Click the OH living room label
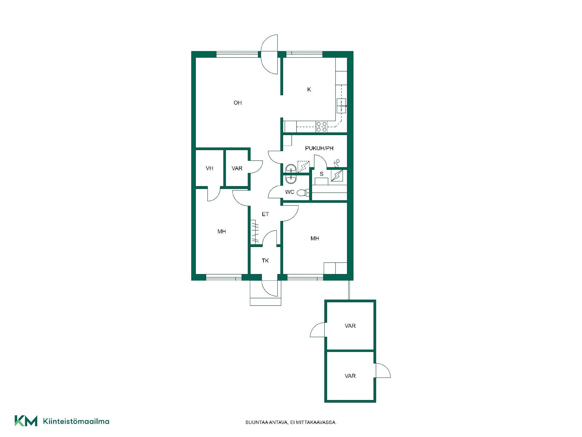click(x=238, y=103)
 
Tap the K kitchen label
click(x=309, y=90)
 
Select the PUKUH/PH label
click(x=319, y=148)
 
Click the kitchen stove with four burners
click(x=322, y=127)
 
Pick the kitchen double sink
click(x=342, y=106)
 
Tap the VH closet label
click(x=209, y=168)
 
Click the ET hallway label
click(x=265, y=214)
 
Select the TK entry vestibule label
click(x=265, y=261)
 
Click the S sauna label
click(x=322, y=174)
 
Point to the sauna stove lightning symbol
click(x=337, y=176)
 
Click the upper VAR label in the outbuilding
click(x=350, y=326)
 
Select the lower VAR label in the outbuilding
click(x=350, y=376)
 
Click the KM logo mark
click(x=26, y=421)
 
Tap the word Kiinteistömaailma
click(x=76, y=421)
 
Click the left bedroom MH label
click(x=222, y=232)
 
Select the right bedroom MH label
click(x=315, y=239)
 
